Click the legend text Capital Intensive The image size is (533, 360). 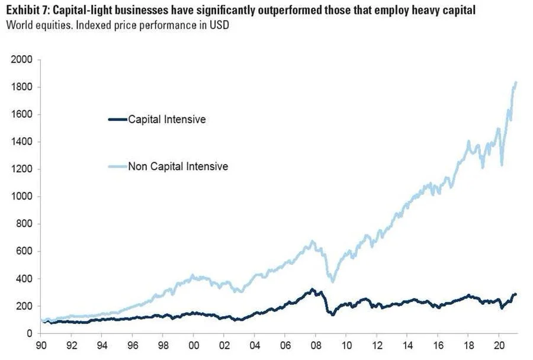(167, 120)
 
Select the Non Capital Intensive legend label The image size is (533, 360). (178, 166)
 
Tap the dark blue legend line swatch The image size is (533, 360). (117, 120)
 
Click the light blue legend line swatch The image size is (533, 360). (117, 166)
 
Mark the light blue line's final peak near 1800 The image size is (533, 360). (515, 83)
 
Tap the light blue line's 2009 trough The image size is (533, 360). (333, 281)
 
